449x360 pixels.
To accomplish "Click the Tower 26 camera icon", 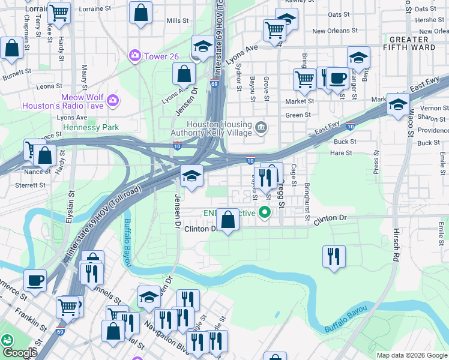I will coord(135,56).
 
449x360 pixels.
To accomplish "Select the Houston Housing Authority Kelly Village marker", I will coord(261,127).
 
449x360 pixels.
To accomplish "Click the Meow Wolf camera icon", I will coord(112,98).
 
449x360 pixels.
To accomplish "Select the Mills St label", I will coord(178,21).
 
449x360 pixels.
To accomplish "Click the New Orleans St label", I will coord(334,31).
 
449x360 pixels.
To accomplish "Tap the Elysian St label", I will coord(70,206).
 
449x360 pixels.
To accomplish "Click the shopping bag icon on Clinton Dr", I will coord(228,219).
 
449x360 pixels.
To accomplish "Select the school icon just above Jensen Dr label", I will coord(191,175).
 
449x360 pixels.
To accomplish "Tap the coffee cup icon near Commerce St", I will coord(35,280).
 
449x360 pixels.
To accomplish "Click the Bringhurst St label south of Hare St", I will coord(306,199).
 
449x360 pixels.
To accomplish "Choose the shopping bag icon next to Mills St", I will coord(140,13).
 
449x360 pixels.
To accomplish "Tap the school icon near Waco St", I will coord(397,104).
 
